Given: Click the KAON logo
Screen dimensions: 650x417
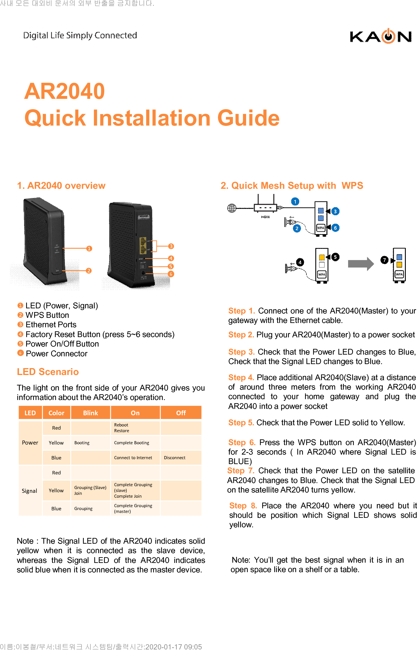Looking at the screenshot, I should [381, 36].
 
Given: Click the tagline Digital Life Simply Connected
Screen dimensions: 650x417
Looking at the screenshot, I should [80, 35].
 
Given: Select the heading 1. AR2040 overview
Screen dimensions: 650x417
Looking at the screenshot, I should [61, 186].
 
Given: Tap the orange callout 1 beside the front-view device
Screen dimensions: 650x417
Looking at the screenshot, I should [89, 248].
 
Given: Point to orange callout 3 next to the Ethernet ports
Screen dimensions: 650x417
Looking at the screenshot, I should [171, 246].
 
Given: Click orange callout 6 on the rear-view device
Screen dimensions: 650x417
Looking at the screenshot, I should [171, 274].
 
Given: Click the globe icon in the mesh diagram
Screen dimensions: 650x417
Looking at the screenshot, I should [232, 208].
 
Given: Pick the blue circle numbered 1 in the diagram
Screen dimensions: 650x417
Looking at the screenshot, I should [295, 201].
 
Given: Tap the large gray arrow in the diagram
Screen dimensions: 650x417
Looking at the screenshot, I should [361, 264].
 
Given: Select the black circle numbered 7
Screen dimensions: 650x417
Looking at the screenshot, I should [384, 260].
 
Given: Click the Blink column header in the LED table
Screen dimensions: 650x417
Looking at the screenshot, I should [90, 413].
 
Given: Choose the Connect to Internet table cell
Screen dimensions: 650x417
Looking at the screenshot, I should [133, 457].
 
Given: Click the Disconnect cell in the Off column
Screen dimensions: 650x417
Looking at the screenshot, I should [175, 457].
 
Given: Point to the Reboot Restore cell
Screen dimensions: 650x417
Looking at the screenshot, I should [121, 428].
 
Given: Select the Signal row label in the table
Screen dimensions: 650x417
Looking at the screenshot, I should [30, 491].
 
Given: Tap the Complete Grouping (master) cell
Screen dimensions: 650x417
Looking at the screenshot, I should [133, 508].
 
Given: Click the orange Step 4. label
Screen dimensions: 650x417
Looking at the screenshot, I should [241, 377].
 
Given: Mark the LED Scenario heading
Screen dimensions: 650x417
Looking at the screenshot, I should [48, 372].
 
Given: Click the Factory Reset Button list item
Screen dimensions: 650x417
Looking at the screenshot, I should [100, 334].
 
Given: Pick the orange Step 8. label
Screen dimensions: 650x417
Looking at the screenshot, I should [243, 505].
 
